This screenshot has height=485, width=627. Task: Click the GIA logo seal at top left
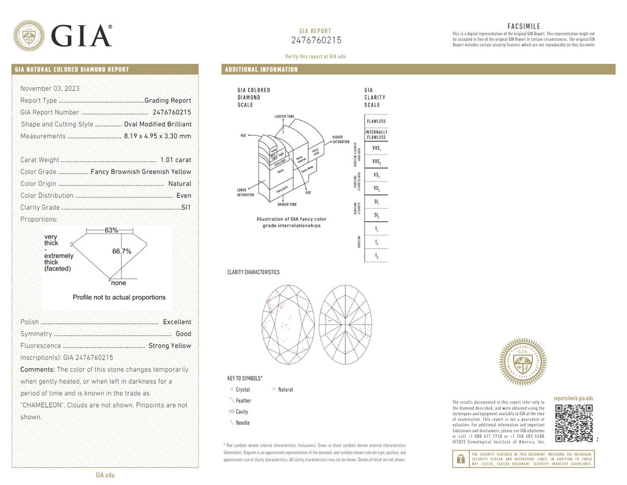coord(29,36)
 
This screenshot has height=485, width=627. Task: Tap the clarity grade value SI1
coord(186,207)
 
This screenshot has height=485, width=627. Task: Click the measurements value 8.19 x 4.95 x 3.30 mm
coord(157,136)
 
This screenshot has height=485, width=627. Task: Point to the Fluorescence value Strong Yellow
coord(169,346)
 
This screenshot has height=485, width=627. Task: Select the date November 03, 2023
coord(50,88)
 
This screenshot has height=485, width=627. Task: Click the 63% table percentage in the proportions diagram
coord(111,230)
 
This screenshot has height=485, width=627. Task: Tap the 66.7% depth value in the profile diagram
coord(122,251)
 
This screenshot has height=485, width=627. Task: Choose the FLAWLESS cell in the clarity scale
coord(376,121)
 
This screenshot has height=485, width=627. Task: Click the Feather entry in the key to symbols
coord(243,400)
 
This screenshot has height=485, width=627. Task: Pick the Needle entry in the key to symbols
coord(242,423)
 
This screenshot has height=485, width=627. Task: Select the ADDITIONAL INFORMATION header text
coord(261,70)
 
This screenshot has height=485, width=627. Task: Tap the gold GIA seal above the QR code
coord(522,362)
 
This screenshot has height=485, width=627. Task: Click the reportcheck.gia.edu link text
coord(573,398)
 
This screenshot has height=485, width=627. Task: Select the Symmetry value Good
coord(183,334)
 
